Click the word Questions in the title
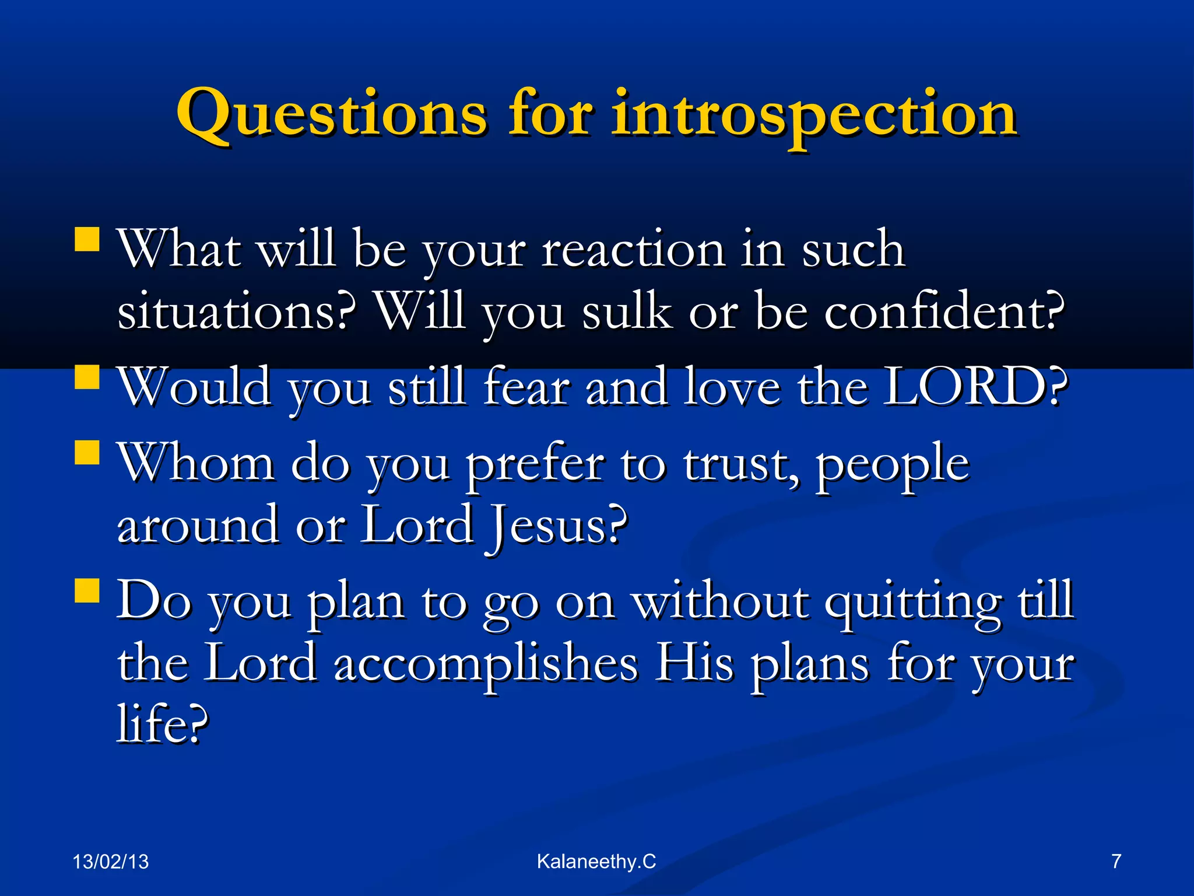click(331, 115)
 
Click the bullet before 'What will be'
click(87, 239)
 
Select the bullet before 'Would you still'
click(87, 376)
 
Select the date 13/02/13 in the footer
click(111, 862)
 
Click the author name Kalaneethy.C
click(596, 862)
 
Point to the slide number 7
click(1116, 862)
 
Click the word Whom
click(196, 464)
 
